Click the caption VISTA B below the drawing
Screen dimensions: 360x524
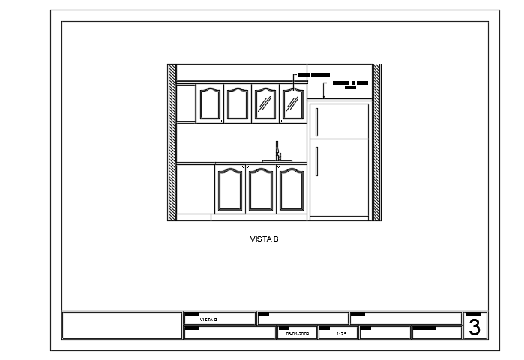[264, 239]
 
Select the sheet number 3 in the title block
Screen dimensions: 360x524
[474, 327]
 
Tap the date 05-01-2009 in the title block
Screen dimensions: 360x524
[298, 333]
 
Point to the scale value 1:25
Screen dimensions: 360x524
[340, 333]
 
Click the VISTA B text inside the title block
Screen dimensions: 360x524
[208, 319]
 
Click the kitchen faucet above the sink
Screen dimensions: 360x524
[277, 151]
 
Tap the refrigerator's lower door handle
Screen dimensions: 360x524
[317, 160]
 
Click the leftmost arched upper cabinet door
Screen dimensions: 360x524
[209, 103]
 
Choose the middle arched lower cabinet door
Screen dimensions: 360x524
[260, 190]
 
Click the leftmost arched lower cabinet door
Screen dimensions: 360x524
[229, 190]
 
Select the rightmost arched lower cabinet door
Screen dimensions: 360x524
[291, 190]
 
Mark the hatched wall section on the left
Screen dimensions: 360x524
[172, 142]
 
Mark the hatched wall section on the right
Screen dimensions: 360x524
[377, 142]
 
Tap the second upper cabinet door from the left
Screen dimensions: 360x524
[237, 103]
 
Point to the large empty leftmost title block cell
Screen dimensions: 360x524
[121, 325]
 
